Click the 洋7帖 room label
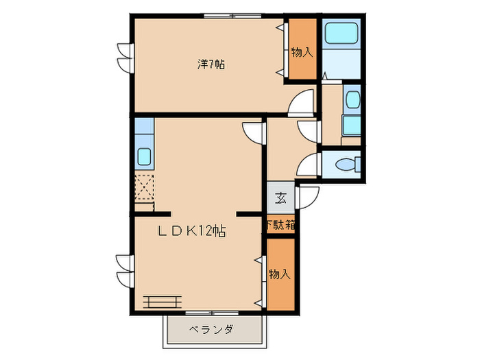pyautogui.click(x=211, y=65)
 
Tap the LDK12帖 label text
pyautogui.click(x=193, y=232)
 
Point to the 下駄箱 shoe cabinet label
pyautogui.click(x=280, y=224)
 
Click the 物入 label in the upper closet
pyautogui.click(x=301, y=51)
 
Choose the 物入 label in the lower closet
pyautogui.click(x=280, y=274)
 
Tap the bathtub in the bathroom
pyautogui.click(x=341, y=34)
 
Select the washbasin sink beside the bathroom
pyautogui.click(x=352, y=99)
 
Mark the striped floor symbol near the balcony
pyautogui.click(x=163, y=300)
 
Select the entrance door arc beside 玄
pyautogui.click(x=306, y=195)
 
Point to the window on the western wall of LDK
pyautogui.click(x=123, y=271)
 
